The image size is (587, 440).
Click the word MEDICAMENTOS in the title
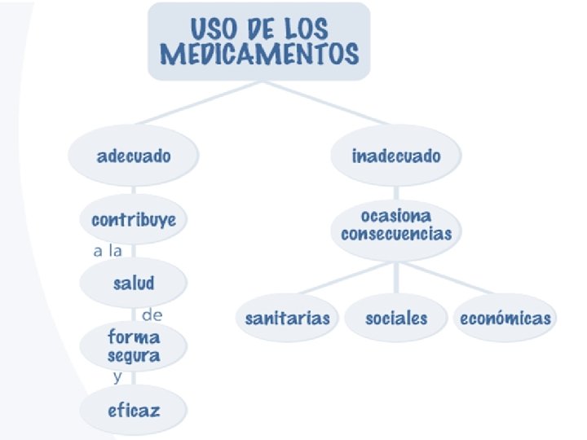(x=259, y=55)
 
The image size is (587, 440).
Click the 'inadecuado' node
(x=396, y=156)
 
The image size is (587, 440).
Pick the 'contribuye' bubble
(x=134, y=220)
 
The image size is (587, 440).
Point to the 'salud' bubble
(x=134, y=283)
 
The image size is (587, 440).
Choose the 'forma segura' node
(x=134, y=346)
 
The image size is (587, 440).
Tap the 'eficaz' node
(x=134, y=411)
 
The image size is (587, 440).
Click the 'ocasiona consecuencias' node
(x=396, y=224)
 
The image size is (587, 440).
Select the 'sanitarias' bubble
(x=288, y=318)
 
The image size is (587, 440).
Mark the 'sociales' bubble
(x=396, y=318)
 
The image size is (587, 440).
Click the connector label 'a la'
(x=107, y=251)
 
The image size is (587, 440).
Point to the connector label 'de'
(x=152, y=315)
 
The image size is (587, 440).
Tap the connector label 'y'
(x=117, y=377)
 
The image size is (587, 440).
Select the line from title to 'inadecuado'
(x=326, y=103)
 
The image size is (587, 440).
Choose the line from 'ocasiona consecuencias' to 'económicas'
(x=448, y=278)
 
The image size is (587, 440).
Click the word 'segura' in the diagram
(x=134, y=356)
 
